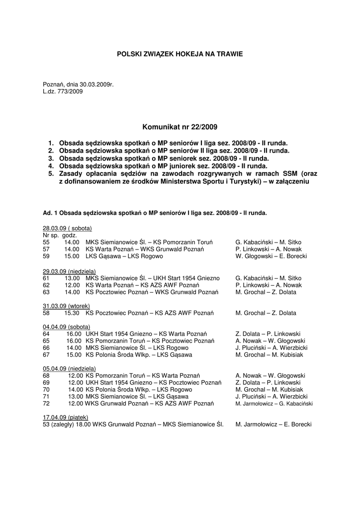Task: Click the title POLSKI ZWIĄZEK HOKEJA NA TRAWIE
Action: [180, 53]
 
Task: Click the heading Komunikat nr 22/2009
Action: [180, 127]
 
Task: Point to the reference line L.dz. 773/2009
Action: [63, 91]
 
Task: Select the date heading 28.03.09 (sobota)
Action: [67, 228]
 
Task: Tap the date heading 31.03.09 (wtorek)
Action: [67, 306]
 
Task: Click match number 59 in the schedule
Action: [46, 256]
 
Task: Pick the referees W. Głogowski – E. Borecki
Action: [271, 256]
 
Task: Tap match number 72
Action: [46, 404]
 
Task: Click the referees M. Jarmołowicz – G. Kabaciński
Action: [274, 404]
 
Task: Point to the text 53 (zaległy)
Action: [58, 424]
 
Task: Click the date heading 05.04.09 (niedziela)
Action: [69, 369]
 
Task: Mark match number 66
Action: [46, 348]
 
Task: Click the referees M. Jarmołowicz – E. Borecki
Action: [273, 424]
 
